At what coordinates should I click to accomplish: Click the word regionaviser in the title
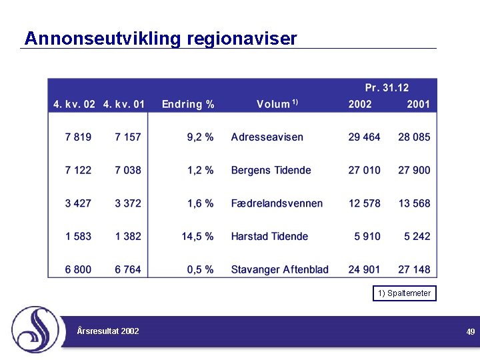[x=242, y=39]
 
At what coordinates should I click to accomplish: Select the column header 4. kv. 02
[x=74, y=104]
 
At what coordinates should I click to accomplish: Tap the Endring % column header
[x=188, y=104]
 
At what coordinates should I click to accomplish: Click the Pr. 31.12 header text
[x=387, y=88]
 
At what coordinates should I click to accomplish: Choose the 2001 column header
[x=418, y=104]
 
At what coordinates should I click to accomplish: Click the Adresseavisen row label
[x=267, y=137]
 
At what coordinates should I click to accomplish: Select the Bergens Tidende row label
[x=271, y=170]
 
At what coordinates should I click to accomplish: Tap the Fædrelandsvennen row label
[x=277, y=203]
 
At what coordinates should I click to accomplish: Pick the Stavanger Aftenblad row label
[x=279, y=269]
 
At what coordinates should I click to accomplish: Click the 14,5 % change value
[x=197, y=236]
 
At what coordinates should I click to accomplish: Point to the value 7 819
[x=78, y=137]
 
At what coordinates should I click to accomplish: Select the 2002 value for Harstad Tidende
[x=367, y=236]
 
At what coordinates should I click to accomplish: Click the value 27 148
[x=414, y=269]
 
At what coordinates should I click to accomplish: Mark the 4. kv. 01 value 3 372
[x=128, y=203]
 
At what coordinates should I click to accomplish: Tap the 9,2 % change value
[x=200, y=137]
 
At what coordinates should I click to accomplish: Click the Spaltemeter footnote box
[x=405, y=293]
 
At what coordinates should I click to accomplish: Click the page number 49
[x=471, y=331]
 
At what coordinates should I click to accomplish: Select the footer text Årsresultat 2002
[x=108, y=331]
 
